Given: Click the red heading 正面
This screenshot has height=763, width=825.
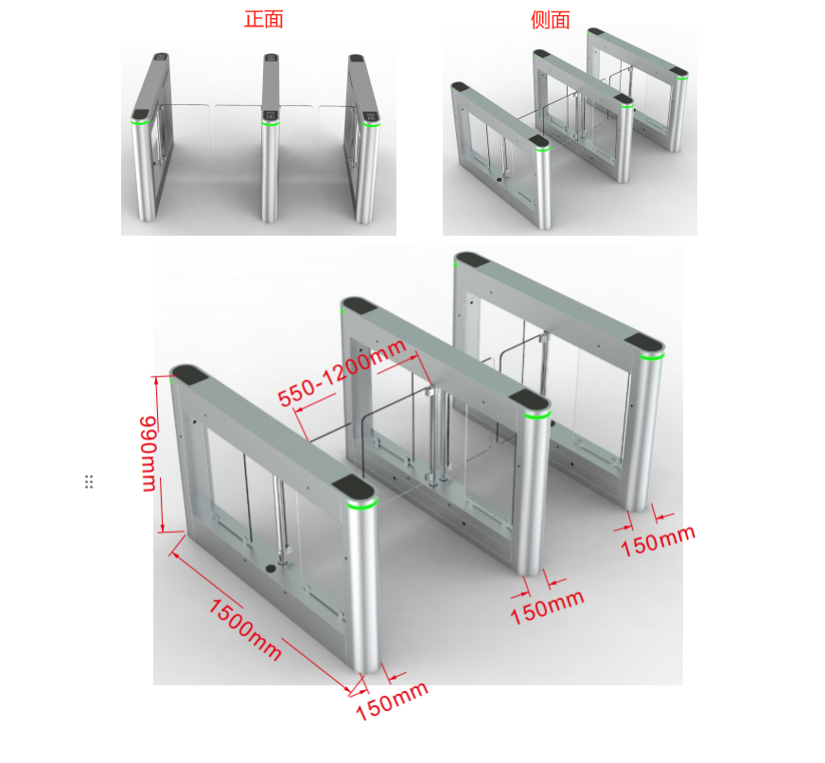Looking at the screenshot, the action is (x=264, y=20).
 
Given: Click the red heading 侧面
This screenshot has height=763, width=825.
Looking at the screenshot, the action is (x=551, y=20).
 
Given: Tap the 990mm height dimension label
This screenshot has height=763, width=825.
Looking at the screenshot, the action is (x=148, y=453).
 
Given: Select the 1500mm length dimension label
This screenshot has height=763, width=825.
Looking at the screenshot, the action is (x=245, y=630).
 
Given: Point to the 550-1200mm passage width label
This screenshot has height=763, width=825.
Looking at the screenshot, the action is (x=342, y=373).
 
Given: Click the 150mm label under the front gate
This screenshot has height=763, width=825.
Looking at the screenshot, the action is (x=392, y=701).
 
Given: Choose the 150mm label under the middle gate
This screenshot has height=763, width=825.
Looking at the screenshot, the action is (x=547, y=607).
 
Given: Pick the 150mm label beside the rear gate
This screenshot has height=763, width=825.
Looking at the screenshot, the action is (x=658, y=541).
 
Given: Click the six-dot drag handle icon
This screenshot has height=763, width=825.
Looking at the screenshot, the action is (x=89, y=481).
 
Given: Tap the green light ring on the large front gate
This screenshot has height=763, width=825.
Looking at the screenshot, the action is (x=362, y=505).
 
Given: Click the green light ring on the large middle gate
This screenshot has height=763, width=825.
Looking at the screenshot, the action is (x=537, y=415).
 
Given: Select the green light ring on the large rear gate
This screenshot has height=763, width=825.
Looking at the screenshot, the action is (x=653, y=357).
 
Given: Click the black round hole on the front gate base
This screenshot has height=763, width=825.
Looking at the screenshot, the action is (x=271, y=568).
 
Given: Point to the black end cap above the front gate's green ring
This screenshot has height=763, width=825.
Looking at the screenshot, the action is (x=354, y=488).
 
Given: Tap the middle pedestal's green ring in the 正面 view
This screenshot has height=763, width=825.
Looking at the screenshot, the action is (x=271, y=123).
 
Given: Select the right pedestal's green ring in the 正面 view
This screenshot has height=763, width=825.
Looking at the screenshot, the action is (x=371, y=124).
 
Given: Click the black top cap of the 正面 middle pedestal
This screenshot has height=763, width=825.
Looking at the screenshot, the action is (x=271, y=57).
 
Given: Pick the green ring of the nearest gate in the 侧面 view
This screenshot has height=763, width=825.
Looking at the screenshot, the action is (x=543, y=149).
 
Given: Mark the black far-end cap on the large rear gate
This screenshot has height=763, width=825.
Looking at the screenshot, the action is (x=471, y=259).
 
